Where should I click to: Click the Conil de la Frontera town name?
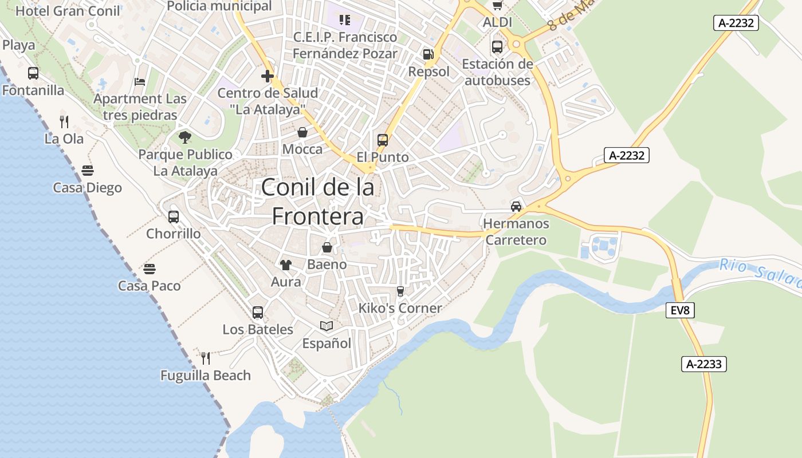(318, 202)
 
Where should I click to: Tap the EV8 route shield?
(681, 311)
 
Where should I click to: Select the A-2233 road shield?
(704, 364)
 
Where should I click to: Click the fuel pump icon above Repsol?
(428, 54)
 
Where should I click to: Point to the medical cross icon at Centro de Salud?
(267, 76)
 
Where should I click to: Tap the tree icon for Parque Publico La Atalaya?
(184, 137)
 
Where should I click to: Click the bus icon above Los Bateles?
(258, 313)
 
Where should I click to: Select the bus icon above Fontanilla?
(33, 73)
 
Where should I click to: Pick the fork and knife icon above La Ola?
(64, 121)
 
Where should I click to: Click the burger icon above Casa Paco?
(150, 269)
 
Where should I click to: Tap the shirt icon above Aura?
(285, 264)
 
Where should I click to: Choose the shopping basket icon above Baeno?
(327, 247)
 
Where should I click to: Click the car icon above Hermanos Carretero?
(516, 206)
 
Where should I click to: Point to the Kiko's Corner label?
(400, 308)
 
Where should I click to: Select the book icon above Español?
(327, 326)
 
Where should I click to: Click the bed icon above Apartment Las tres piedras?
(140, 82)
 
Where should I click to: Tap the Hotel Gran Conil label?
(68, 11)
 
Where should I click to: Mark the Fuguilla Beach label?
(205, 376)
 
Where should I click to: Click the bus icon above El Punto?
(383, 140)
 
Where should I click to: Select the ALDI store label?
(497, 22)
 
